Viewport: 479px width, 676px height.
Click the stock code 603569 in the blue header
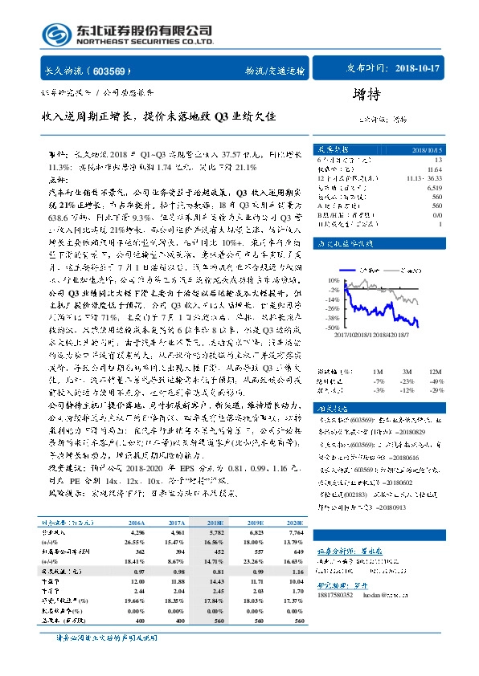tap(117, 70)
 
